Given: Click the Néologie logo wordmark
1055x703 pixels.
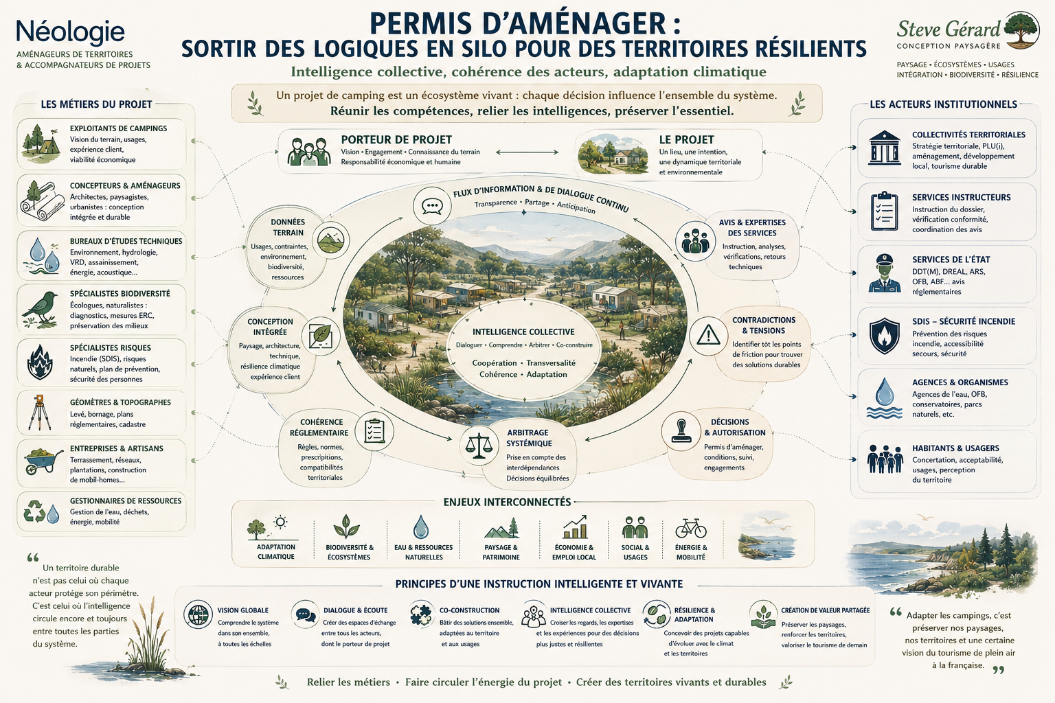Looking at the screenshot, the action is click(x=71, y=33).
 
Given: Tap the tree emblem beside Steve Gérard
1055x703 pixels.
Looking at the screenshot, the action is click(x=1021, y=30).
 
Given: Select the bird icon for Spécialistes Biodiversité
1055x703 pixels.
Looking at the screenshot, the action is click(x=40, y=308).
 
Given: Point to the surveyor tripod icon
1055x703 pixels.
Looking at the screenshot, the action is click(x=40, y=413).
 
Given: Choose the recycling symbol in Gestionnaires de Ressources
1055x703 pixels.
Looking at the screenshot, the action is click(x=34, y=511).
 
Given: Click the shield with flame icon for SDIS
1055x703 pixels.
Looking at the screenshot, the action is click(x=884, y=336).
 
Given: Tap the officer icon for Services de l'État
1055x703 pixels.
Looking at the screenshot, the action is click(x=884, y=273).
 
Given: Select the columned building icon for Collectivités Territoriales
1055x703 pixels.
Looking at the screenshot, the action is click(x=884, y=148).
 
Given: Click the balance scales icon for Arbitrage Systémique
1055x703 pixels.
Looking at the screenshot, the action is click(x=479, y=445).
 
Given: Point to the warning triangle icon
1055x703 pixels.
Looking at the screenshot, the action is click(x=708, y=336).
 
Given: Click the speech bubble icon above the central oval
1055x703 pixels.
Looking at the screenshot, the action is click(x=432, y=206).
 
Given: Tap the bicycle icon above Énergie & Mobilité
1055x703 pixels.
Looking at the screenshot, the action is click(x=691, y=529).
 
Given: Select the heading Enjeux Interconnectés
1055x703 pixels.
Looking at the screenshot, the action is click(x=508, y=502).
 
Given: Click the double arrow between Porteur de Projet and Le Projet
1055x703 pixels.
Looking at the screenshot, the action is click(x=527, y=152).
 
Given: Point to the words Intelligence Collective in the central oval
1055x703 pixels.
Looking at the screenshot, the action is click(x=523, y=332).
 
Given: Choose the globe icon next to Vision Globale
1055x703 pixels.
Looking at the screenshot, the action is click(x=198, y=614).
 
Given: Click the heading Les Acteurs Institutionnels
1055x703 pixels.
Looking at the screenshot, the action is click(x=943, y=104).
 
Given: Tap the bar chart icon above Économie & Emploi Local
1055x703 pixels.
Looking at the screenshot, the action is click(x=575, y=527).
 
